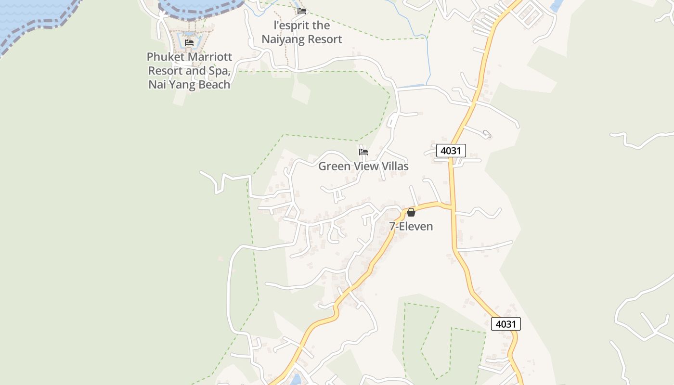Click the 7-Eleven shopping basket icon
[411, 212]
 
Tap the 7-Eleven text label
[411, 226]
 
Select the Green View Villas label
[363, 167]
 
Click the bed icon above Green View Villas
[363, 152]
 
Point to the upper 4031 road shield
[451, 151]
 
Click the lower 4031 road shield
[505, 324]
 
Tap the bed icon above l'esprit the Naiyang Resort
[302, 11]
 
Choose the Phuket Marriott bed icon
[189, 43]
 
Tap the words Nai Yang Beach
[189, 85]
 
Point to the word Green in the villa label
[333, 167]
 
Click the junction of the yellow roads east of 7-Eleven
[452, 207]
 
